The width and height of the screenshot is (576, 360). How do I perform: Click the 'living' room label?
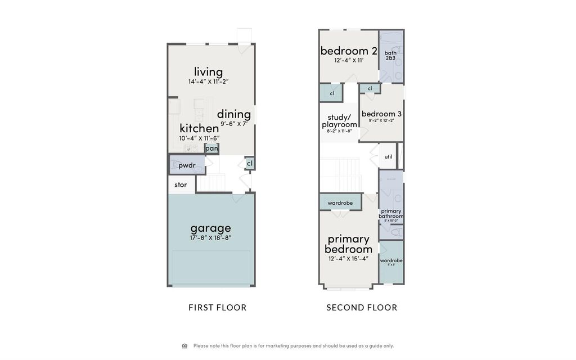coord(208,72)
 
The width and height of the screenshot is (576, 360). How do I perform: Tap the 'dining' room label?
coord(233,114)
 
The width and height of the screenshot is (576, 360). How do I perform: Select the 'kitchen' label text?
coord(199,128)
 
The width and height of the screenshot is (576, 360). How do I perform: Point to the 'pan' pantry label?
coord(211,148)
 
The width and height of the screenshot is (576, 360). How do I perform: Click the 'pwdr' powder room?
coord(186,165)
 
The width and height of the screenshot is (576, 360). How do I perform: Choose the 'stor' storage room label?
coord(181,184)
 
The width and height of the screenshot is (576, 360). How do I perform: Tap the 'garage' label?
coord(210,228)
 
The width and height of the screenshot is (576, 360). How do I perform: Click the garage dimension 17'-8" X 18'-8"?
coord(210,237)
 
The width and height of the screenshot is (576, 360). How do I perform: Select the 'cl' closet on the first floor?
coord(249,163)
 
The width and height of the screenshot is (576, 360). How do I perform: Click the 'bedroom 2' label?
coord(348,51)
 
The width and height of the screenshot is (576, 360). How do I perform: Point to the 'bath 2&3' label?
coord(390,55)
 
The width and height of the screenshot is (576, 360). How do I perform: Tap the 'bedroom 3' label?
coord(381,114)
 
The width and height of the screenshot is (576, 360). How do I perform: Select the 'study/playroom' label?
coord(339,121)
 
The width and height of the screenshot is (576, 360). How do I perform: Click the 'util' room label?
coord(388,156)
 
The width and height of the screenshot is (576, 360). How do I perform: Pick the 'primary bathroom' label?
coord(390,214)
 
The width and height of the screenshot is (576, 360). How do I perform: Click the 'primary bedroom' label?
coord(348,244)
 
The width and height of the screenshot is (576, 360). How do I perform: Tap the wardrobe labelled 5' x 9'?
coord(391,261)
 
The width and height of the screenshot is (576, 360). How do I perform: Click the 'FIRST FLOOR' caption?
coord(217,308)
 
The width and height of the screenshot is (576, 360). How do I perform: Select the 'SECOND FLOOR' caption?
coord(362,308)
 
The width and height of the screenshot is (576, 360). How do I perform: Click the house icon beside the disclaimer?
coord(184,346)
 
